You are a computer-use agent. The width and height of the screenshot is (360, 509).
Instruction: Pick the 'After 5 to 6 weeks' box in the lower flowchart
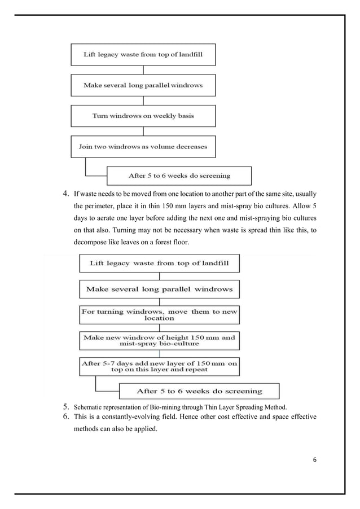(199, 391)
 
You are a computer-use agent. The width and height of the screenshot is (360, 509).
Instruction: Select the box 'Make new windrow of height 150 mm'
(159, 341)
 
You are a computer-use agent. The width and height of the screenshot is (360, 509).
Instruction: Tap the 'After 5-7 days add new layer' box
(159, 366)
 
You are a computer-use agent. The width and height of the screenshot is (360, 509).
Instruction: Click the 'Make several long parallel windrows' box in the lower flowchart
(159, 289)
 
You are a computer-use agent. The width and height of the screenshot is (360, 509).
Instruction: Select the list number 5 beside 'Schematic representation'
(65, 406)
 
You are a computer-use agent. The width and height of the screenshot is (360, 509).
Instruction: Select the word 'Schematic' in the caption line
(90, 406)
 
